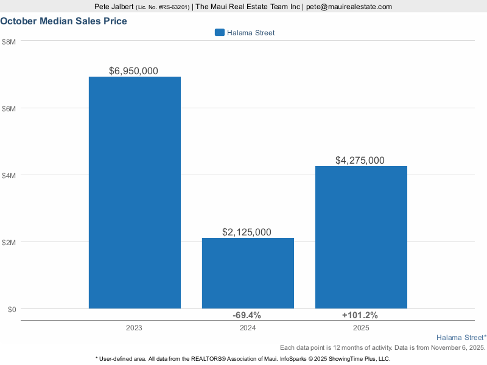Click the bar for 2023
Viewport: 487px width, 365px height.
pyautogui.click(x=135, y=193)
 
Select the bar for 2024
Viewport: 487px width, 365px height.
pyautogui.click(x=248, y=273)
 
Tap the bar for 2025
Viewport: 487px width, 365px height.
pyautogui.click(x=361, y=237)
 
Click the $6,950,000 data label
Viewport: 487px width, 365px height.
pyautogui.click(x=133, y=71)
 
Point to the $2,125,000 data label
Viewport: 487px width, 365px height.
pyautogui.click(x=247, y=232)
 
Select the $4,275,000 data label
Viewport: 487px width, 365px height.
pyautogui.click(x=360, y=161)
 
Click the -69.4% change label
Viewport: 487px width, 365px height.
pyautogui.click(x=247, y=315)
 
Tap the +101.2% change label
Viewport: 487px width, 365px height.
pyautogui.click(x=360, y=315)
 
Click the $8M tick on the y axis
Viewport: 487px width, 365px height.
pyautogui.click(x=9, y=41)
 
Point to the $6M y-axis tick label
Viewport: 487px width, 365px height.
pyautogui.click(x=9, y=108)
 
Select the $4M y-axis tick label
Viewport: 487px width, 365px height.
pyautogui.click(x=9, y=175)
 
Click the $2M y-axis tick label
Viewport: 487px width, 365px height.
pyautogui.click(x=9, y=242)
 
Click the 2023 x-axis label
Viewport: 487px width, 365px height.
pyautogui.click(x=135, y=328)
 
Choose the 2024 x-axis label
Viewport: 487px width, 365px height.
pyautogui.click(x=248, y=328)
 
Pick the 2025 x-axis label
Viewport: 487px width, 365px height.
pyautogui.click(x=361, y=328)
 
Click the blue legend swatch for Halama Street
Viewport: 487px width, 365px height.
pyautogui.click(x=220, y=33)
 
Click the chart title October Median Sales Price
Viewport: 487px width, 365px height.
pyautogui.click(x=63, y=21)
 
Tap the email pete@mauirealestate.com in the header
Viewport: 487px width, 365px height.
pyautogui.click(x=349, y=7)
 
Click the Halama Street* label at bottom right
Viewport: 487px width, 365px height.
pyautogui.click(x=461, y=337)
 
